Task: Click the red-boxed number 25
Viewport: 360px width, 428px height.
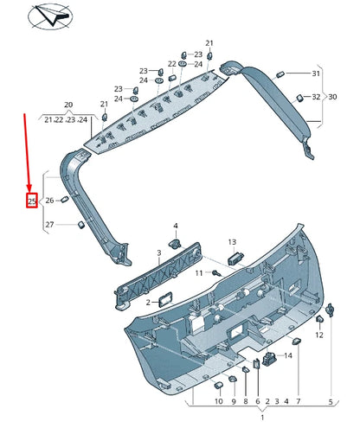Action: coord(32,201)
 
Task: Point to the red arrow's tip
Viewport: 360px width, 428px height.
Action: coord(29,192)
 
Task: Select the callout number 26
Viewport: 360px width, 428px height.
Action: coord(50,201)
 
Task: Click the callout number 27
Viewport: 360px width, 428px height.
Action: coord(50,225)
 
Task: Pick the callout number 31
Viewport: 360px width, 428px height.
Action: coord(316,73)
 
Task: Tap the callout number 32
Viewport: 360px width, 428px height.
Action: coord(316,97)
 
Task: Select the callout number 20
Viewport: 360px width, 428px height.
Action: coord(69,105)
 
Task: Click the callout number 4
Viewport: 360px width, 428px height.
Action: coord(176,226)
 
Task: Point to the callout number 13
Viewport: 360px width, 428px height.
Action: coord(232,242)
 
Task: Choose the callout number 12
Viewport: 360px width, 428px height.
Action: coord(319,334)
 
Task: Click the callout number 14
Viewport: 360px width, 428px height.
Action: coord(288,355)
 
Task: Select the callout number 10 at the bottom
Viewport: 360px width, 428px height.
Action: coord(218,402)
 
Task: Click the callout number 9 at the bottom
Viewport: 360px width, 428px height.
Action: coord(233,402)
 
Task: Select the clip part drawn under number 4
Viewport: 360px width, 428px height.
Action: coord(177,244)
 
